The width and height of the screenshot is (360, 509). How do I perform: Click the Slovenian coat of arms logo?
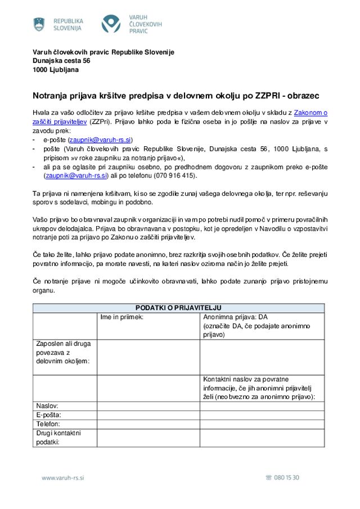(x=39, y=24)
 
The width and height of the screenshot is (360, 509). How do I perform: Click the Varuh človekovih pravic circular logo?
(x=111, y=24)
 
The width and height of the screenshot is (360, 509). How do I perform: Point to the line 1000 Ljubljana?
(x=56, y=70)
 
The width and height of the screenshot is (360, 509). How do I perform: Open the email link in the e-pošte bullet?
(x=100, y=139)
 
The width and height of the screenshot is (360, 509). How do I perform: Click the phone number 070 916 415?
(x=174, y=175)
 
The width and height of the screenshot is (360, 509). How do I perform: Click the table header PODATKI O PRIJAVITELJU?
(x=178, y=308)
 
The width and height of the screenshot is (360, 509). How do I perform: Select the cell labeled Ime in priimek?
(x=122, y=317)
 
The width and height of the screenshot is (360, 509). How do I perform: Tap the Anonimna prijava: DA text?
(x=235, y=317)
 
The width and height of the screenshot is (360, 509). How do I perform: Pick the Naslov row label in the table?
(x=47, y=406)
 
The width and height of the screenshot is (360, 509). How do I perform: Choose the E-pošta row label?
(x=48, y=415)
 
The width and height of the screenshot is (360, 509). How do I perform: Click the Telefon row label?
(x=48, y=424)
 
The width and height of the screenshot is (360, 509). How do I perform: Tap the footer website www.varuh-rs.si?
(x=62, y=478)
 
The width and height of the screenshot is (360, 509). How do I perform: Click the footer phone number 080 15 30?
(x=286, y=478)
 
